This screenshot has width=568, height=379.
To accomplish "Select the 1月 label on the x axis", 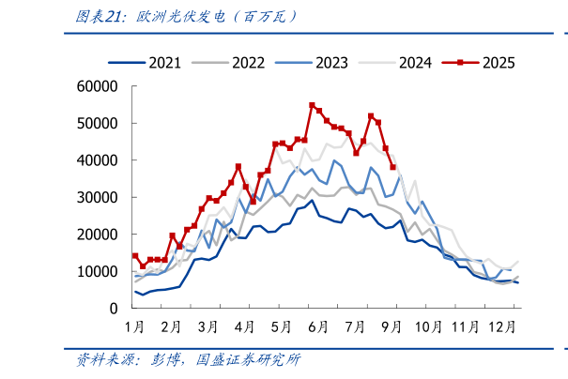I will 134,326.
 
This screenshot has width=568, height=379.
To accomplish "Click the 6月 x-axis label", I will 317,326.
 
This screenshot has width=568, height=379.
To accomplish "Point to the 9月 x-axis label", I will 391,326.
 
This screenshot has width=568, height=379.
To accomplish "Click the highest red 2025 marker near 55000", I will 312,105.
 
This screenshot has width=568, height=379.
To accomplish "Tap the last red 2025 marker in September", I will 392,167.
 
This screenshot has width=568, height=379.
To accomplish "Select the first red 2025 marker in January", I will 135,255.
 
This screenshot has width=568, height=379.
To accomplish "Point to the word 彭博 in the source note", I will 167,360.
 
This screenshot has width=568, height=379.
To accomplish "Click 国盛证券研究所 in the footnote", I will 248,360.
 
